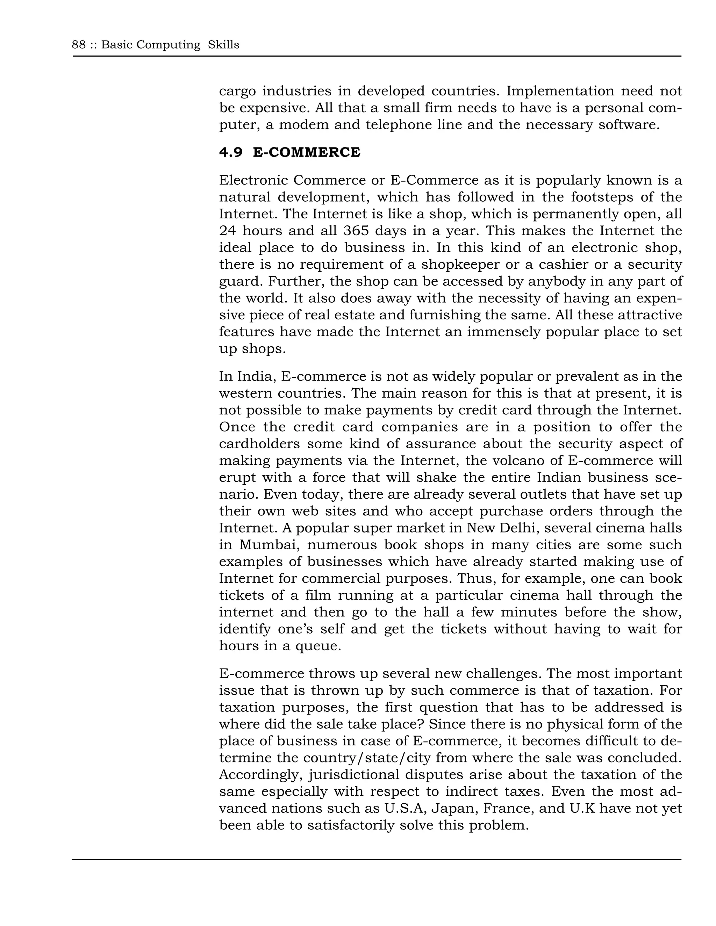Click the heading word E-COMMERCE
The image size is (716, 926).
(x=306, y=152)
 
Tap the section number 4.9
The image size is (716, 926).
(x=231, y=152)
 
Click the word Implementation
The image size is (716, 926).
(x=560, y=91)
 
